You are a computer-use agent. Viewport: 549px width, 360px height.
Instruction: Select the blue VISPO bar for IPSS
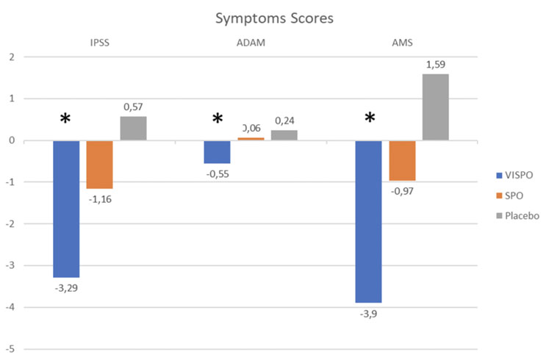[66, 209]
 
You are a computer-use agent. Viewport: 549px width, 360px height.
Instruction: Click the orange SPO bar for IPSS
[99, 165]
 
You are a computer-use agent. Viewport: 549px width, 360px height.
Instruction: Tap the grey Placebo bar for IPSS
[133, 129]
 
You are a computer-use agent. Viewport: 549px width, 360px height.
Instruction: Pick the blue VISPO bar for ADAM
[217, 152]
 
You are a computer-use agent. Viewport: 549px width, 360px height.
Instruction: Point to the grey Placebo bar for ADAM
[284, 135]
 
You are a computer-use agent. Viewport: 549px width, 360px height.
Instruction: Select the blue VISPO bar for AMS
[368, 221]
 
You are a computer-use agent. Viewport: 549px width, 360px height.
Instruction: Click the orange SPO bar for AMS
[402, 160]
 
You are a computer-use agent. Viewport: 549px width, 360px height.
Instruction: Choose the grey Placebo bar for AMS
[436, 107]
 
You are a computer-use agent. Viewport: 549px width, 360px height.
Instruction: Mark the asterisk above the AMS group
[370, 118]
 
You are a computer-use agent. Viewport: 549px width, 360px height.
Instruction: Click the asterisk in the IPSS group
[65, 118]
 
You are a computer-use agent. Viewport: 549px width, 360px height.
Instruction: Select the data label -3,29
[66, 287]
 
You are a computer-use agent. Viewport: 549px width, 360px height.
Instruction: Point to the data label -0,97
[403, 191]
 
